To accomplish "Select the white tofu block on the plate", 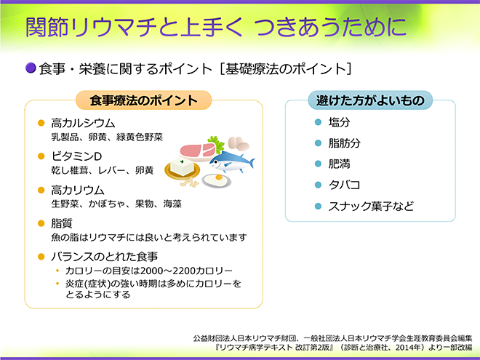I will [183, 167].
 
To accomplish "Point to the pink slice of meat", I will [196, 151].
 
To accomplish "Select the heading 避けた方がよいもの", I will [370, 100].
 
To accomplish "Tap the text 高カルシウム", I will [83, 123].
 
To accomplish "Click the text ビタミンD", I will [76, 156].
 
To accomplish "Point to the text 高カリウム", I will [78, 190].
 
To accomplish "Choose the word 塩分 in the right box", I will [339, 122].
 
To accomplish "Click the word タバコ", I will [344, 185].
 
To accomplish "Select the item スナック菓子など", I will [371, 206].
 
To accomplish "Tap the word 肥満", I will [339, 164].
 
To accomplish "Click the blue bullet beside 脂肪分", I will [317, 143].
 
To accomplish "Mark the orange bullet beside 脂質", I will [41, 223].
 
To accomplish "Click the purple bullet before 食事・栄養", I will [30, 68].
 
